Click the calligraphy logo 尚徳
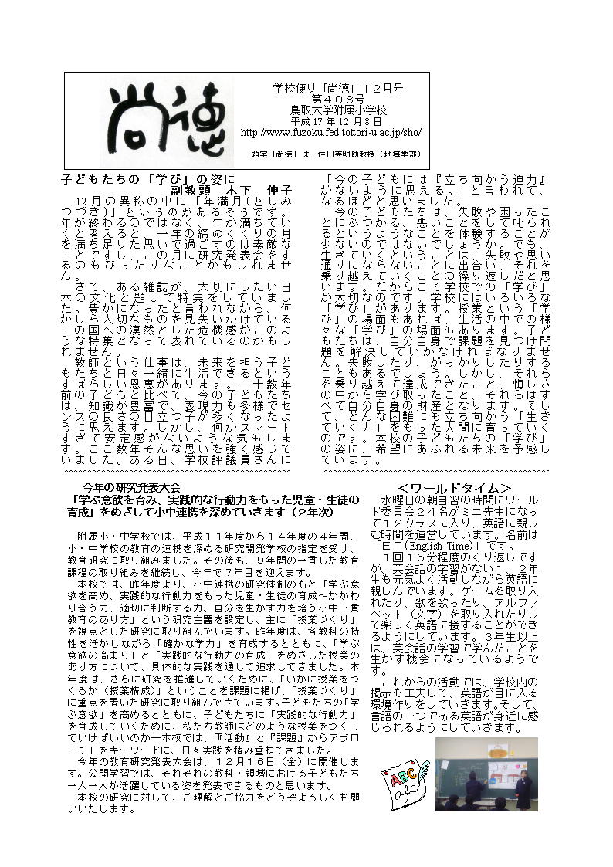tap(159, 121)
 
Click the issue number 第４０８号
tap(331, 100)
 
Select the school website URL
tap(331, 133)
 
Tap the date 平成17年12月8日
tap(331, 122)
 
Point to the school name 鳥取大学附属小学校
tap(332, 111)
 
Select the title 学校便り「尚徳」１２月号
tap(332, 90)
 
